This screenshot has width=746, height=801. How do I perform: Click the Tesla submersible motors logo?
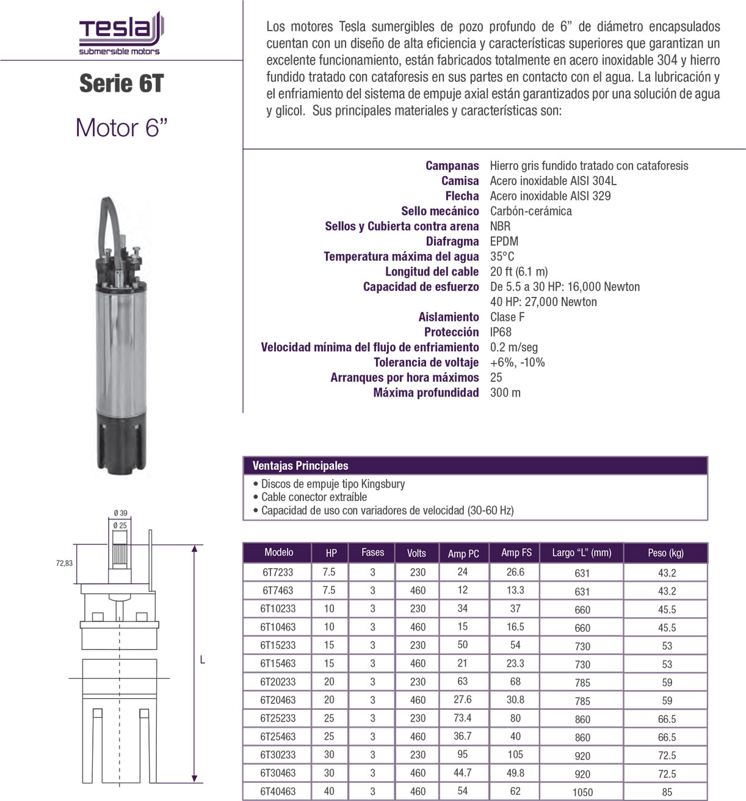pyautogui.click(x=120, y=34)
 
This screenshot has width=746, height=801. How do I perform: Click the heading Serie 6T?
pyautogui.click(x=121, y=84)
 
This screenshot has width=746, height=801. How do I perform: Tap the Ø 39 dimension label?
pyautogui.click(x=120, y=513)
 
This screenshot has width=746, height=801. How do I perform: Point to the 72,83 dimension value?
pyautogui.click(x=64, y=563)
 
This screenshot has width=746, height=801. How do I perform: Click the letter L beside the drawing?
pyautogui.click(x=203, y=660)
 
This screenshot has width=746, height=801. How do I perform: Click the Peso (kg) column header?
pyautogui.click(x=665, y=553)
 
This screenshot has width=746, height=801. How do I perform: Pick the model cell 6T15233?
pyautogui.click(x=278, y=645)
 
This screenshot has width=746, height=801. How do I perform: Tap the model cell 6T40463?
pyautogui.click(x=278, y=791)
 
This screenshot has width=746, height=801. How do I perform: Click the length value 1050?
pyautogui.click(x=582, y=792)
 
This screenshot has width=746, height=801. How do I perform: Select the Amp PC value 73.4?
pyautogui.click(x=463, y=718)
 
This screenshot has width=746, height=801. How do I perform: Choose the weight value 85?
pyautogui.click(x=667, y=792)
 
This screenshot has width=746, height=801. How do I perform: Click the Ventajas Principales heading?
pyautogui.click(x=300, y=466)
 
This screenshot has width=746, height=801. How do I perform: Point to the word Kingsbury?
pyautogui.click(x=382, y=484)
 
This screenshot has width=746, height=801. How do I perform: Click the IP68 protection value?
pyautogui.click(x=501, y=332)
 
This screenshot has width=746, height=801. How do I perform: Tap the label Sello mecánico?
pyautogui.click(x=440, y=211)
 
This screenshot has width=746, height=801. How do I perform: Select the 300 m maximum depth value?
pyautogui.click(x=505, y=393)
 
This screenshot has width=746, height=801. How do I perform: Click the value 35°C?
pyautogui.click(x=502, y=257)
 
